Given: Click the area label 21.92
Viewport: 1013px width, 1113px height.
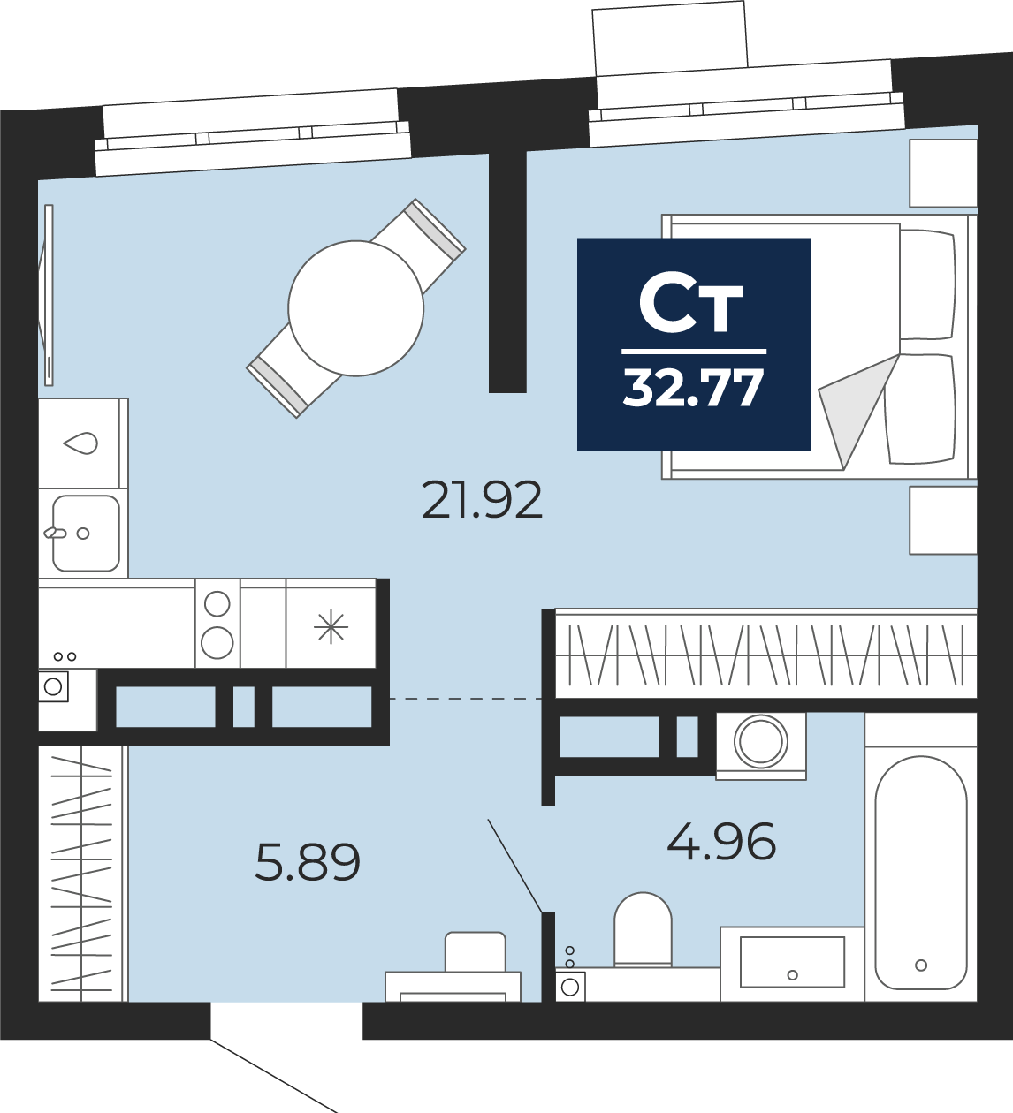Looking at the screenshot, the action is (482, 501).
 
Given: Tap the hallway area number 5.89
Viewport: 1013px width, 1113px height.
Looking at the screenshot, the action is (308, 862).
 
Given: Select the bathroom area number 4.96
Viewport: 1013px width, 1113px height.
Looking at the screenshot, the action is (721, 841).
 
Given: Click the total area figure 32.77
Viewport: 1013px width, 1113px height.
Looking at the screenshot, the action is (693, 389).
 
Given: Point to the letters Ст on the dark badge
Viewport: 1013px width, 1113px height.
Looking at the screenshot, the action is (691, 303).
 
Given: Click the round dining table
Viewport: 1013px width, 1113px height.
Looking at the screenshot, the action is (356, 308).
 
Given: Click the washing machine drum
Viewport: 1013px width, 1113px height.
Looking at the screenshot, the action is (761, 741).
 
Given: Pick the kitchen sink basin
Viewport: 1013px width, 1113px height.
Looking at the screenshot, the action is (86, 534).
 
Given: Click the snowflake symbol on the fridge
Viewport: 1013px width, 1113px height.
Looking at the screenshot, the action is (331, 626).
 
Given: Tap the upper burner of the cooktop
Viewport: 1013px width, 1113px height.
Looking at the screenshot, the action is (217, 603).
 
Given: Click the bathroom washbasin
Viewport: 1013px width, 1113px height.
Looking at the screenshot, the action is (793, 962).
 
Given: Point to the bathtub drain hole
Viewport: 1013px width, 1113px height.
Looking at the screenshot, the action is (921, 965).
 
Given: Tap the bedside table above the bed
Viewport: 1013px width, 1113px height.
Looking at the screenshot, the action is (943, 173).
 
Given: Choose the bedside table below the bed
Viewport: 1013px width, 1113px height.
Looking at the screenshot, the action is (943, 520).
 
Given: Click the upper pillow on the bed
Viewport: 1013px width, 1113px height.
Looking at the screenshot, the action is (927, 284).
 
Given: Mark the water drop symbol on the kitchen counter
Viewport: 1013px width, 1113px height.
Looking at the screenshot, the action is (81, 443).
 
